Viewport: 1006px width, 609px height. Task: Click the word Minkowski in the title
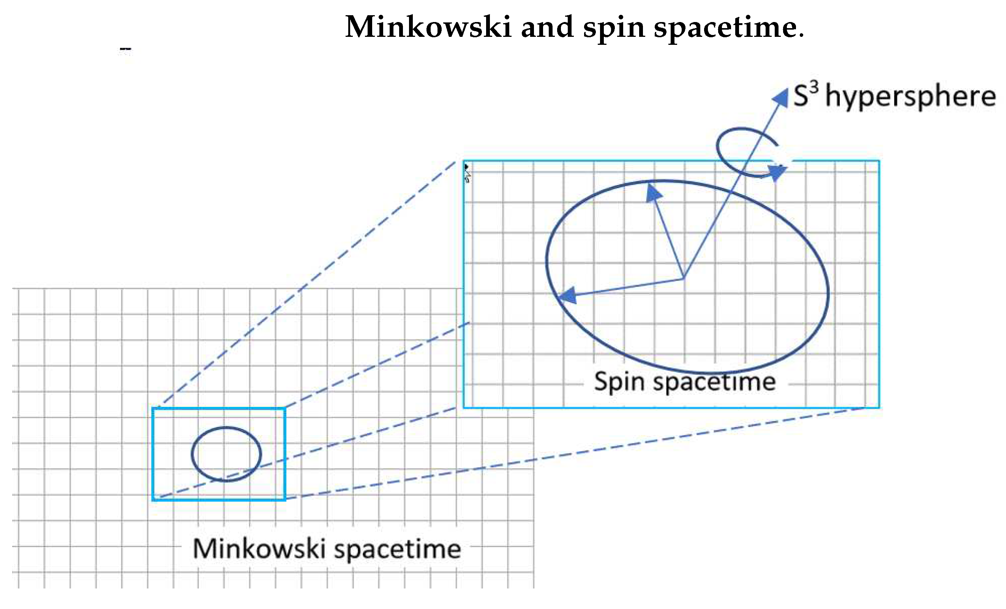click(428, 27)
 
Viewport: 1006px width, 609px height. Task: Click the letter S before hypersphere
click(801, 97)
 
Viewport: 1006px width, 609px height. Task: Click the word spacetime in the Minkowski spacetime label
click(398, 549)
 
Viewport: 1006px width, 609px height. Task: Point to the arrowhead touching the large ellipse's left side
click(567, 294)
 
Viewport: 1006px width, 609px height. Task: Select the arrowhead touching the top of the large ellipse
click(654, 192)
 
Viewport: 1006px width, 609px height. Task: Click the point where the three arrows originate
click(684, 279)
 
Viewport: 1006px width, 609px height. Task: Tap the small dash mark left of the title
click(125, 50)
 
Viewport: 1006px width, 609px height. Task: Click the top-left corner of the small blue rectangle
click(153, 408)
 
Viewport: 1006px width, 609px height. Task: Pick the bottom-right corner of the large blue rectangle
click(879, 407)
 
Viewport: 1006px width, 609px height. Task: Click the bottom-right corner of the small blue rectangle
click(284, 499)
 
